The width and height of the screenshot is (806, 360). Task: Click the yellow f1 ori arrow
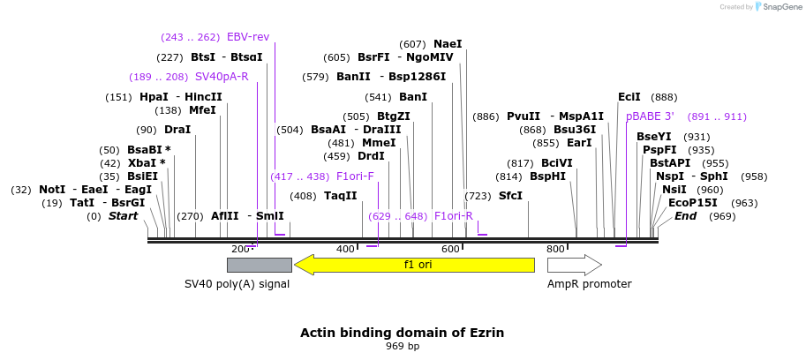tap(414, 265)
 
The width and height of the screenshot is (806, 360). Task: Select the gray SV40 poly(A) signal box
tap(260, 265)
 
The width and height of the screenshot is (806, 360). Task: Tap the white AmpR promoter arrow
tap(575, 265)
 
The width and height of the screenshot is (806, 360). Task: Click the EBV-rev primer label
tap(248, 37)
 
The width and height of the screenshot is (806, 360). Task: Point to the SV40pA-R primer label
tap(222, 77)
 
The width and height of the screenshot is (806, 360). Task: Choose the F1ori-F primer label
tap(355, 176)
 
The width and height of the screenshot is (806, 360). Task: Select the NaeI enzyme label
tap(448, 44)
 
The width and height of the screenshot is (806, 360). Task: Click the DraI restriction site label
tap(177, 130)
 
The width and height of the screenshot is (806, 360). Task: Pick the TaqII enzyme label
tap(340, 196)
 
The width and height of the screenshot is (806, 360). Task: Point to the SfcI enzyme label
tap(510, 196)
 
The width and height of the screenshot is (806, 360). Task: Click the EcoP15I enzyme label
tap(692, 203)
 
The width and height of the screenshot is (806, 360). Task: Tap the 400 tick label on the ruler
tap(345, 249)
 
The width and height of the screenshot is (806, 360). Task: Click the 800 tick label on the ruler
tap(555, 249)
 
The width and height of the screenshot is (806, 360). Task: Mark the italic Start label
tap(123, 216)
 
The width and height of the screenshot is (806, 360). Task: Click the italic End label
tap(686, 216)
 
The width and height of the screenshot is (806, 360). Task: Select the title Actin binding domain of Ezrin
tap(402, 333)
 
